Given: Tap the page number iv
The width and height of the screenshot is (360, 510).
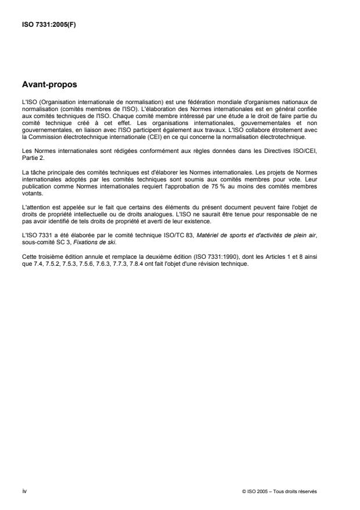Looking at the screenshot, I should coord(24,492).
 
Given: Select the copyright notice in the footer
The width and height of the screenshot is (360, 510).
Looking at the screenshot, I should coord(279,492).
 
